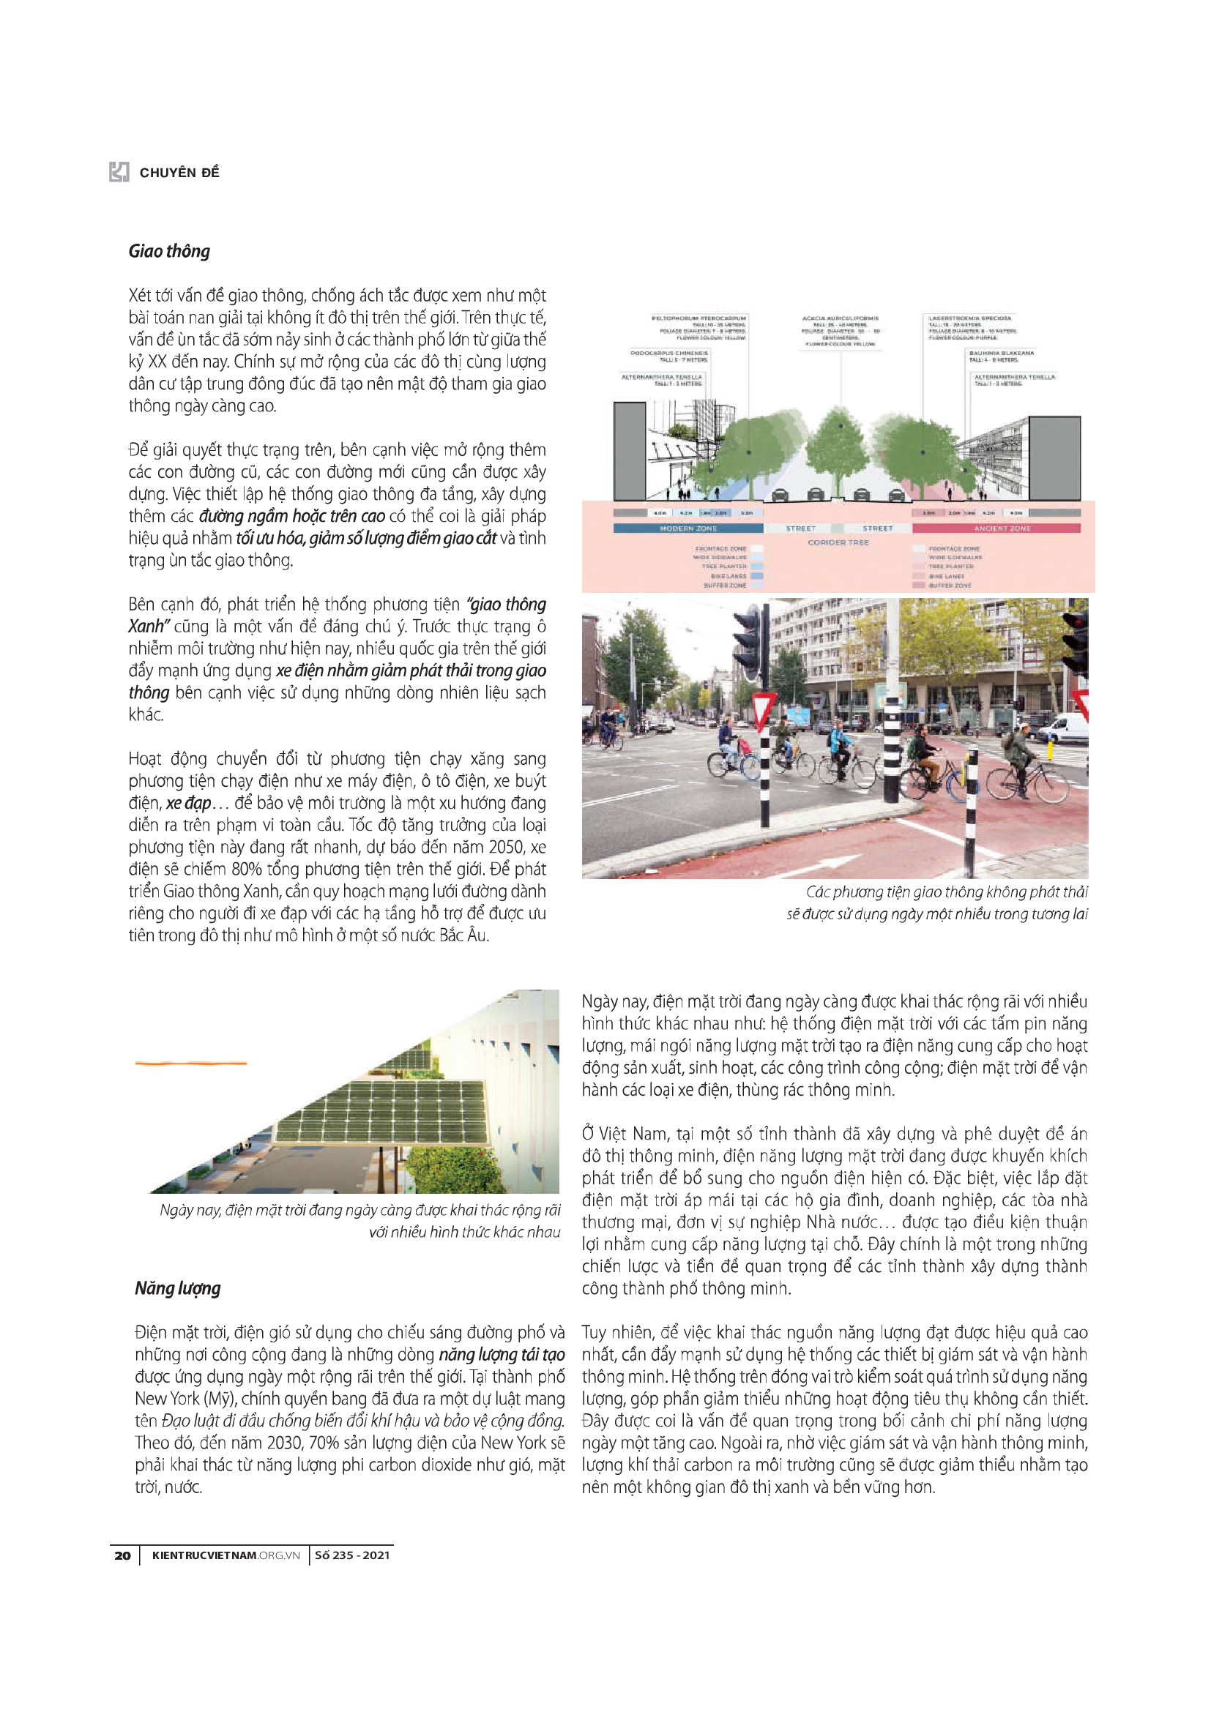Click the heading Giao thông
[169, 251]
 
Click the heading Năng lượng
[177, 1287]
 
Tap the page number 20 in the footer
[122, 1555]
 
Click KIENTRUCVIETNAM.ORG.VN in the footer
[226, 1555]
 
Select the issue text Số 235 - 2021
[352, 1555]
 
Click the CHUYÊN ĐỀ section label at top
[179, 173]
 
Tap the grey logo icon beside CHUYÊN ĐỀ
[119, 172]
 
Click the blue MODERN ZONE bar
[688, 528]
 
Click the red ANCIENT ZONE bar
[1002, 528]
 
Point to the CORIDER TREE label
[838, 542]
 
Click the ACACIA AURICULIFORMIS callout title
[841, 318]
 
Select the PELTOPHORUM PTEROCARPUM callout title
[698, 318]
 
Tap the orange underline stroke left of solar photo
[191, 1063]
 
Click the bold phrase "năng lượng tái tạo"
[501, 1354]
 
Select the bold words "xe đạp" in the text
[189, 803]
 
